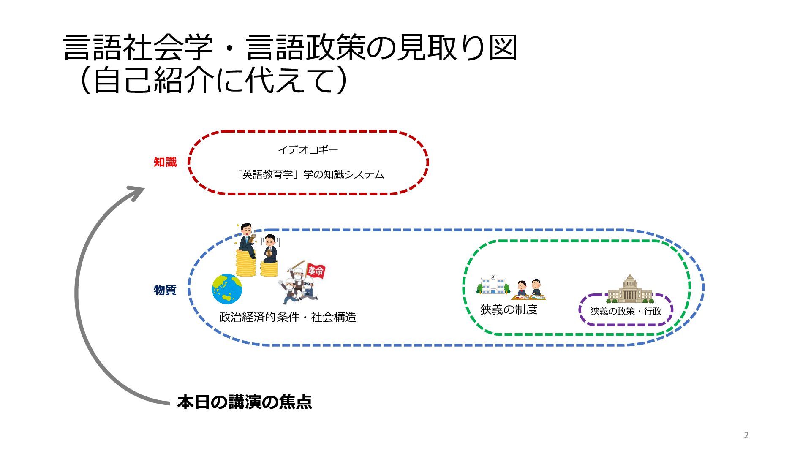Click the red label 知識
click(165, 162)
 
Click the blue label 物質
click(165, 290)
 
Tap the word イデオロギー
click(308, 150)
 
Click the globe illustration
click(227, 289)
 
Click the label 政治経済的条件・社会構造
click(288, 317)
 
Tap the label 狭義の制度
click(509, 309)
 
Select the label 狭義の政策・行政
click(626, 311)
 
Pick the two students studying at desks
click(529, 289)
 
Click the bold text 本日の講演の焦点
click(245, 402)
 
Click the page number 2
click(746, 435)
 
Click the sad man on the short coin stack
click(270, 248)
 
